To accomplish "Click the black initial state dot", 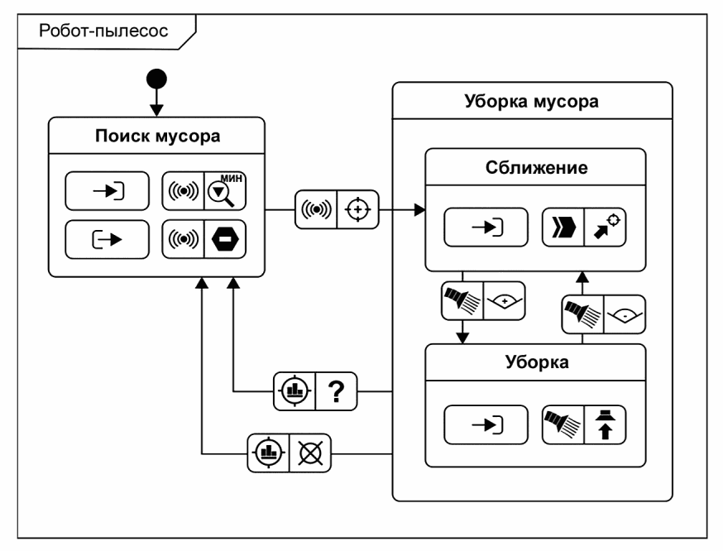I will click(x=157, y=79).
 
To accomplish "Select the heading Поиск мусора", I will click(x=156, y=135).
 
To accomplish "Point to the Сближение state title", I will click(x=535, y=168).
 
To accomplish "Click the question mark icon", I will click(x=336, y=390).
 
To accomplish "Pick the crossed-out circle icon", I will click(x=309, y=452).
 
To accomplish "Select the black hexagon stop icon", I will click(x=226, y=241).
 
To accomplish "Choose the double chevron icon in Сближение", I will click(x=563, y=226).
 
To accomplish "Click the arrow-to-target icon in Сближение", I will click(x=605, y=226).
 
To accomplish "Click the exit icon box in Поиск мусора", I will click(x=108, y=241).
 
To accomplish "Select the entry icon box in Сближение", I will click(x=486, y=226).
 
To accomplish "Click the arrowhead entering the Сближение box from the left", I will click(x=419, y=211).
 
